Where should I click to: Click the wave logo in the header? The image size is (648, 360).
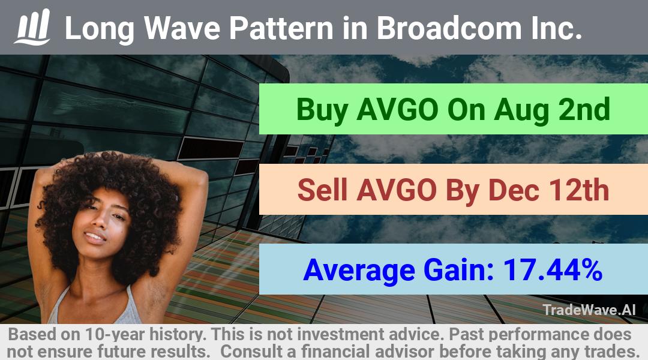point(32,27)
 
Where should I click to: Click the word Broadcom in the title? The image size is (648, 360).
point(449,28)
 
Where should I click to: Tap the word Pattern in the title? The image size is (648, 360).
point(281,28)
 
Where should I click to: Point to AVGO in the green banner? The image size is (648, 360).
point(397,110)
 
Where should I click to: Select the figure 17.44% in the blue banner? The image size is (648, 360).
point(553,270)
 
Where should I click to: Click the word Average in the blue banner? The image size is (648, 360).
point(359,271)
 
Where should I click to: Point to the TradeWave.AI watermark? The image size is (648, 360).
point(589,310)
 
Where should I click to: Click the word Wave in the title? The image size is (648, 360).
point(182,28)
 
